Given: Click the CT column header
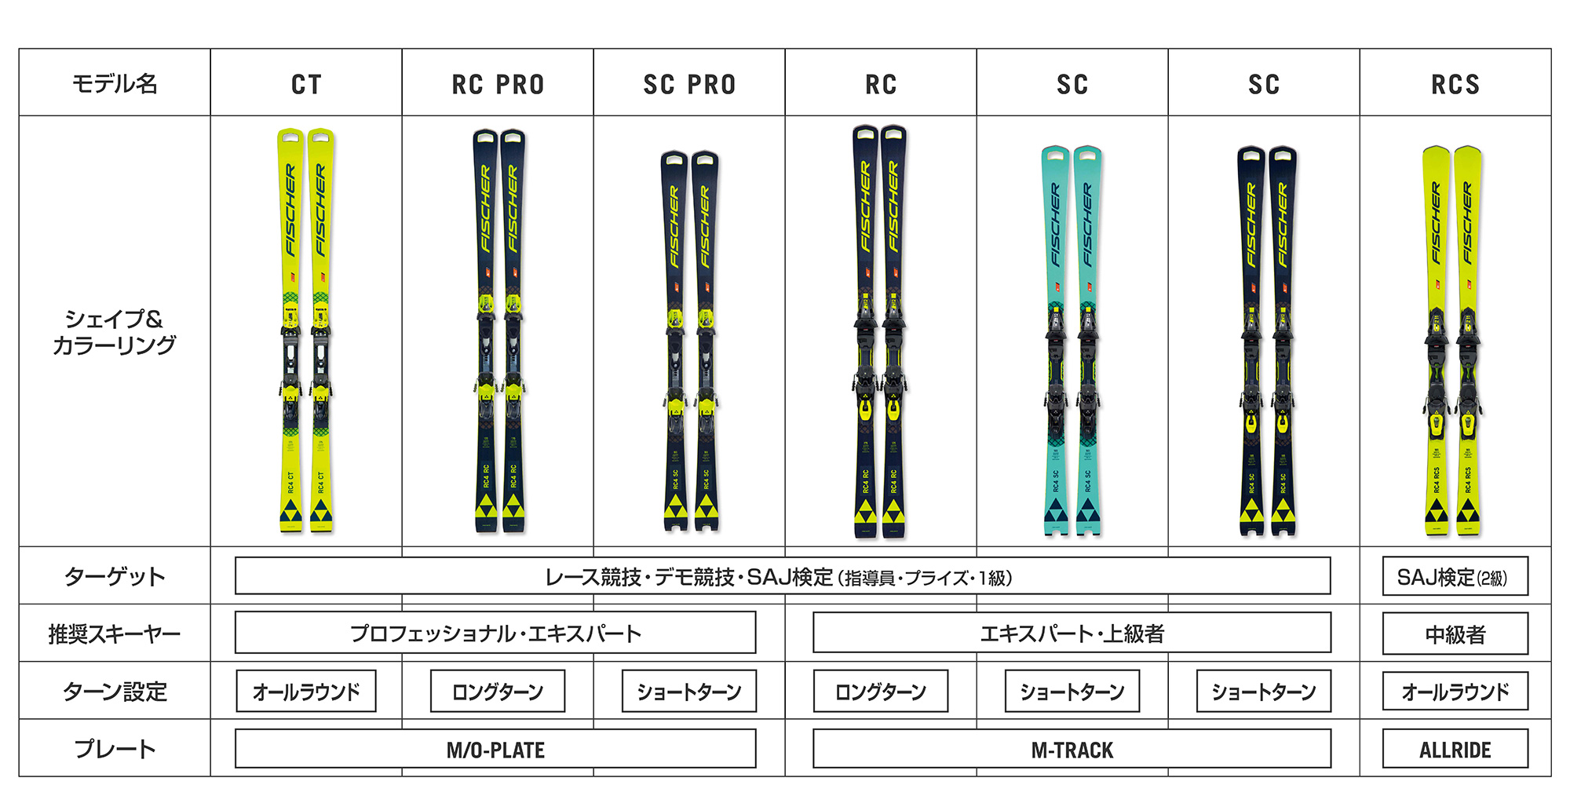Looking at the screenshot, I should click(306, 84).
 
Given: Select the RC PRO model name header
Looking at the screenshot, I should click(498, 84).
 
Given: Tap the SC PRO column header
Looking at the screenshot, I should click(689, 84).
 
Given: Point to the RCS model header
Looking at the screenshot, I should click(1455, 84).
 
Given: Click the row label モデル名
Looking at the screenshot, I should click(115, 83).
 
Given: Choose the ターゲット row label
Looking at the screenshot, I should click(115, 576).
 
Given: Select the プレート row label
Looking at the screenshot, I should click(115, 749).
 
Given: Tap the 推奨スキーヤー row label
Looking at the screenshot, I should click(115, 634).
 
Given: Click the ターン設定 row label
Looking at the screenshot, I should click(115, 692).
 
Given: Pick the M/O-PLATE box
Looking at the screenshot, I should click(495, 749).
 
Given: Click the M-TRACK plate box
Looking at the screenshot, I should click(1072, 749).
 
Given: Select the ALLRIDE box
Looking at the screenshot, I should click(1455, 749).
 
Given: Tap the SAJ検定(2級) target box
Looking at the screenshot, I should click(1455, 577).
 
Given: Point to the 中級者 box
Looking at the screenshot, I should click(1455, 634).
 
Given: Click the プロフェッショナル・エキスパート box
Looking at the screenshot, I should click(495, 633).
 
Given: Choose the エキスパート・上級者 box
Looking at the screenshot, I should click(1072, 633).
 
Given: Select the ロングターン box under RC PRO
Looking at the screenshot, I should click(498, 692).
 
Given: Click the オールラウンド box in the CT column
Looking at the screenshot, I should click(306, 692).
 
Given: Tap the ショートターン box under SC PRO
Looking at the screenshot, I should click(689, 692).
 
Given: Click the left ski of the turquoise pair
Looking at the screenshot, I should click(1056, 338).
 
